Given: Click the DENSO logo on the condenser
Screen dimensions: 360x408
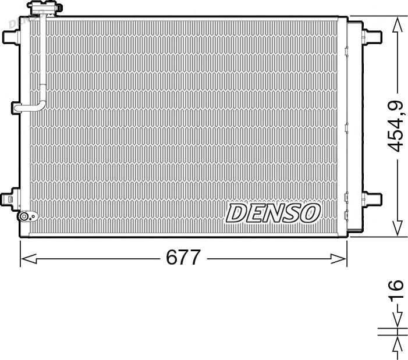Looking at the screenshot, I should coord(273,213).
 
